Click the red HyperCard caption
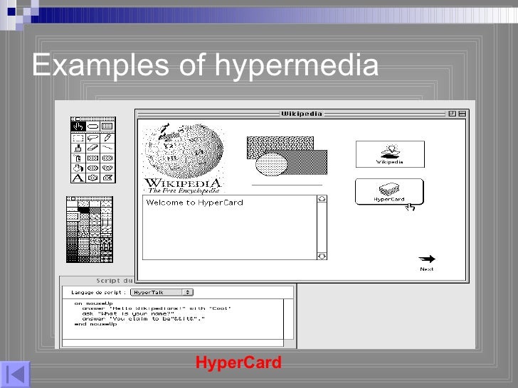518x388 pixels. coord(238,363)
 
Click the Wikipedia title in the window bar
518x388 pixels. coord(301,114)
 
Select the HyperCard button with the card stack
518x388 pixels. coord(389,191)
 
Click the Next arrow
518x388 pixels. coord(427,260)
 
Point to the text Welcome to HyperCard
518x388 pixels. coord(194,203)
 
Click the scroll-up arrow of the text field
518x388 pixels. coord(321,200)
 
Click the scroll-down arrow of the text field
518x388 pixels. coord(321,256)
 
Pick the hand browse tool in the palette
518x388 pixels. coord(78,126)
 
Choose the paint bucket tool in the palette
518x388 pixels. coord(77,168)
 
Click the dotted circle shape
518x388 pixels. coord(271,164)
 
